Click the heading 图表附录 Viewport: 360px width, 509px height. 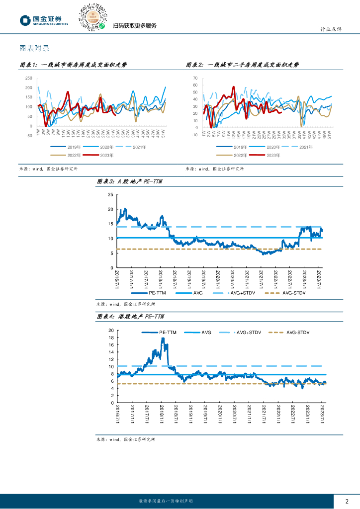tap(34, 49)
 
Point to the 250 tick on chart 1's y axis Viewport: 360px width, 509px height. tap(28, 78)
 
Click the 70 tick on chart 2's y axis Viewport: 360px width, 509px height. tap(194, 78)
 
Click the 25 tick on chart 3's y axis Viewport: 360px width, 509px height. tap(110, 194)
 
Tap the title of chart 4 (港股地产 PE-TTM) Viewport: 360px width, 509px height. tap(130, 317)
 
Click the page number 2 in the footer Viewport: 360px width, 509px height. tap(347, 501)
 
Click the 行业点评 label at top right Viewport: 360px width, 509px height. tap(330, 30)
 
